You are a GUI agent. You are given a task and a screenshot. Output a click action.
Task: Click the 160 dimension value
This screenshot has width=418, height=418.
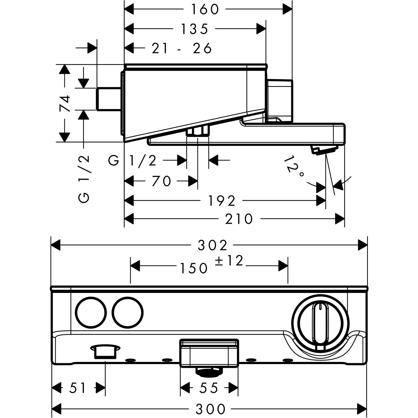point(204,9)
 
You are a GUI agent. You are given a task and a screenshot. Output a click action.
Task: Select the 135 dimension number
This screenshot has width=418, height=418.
point(195,29)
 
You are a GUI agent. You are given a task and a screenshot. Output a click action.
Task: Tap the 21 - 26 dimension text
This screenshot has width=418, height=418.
point(182,48)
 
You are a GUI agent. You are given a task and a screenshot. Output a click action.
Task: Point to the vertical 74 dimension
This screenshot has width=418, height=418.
point(65,103)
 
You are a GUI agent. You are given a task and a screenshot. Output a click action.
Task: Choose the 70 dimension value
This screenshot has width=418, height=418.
point(162,181)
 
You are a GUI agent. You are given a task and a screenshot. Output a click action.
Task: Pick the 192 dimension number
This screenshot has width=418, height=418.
point(222,200)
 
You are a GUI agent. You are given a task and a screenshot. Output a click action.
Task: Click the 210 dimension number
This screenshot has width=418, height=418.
point(239,219)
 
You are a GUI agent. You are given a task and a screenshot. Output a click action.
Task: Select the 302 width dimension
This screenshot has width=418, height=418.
point(212,245)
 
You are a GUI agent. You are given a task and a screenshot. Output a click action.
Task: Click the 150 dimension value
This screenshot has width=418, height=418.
point(194,268)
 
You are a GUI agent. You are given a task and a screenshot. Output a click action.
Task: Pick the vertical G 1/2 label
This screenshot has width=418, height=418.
point(84,178)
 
